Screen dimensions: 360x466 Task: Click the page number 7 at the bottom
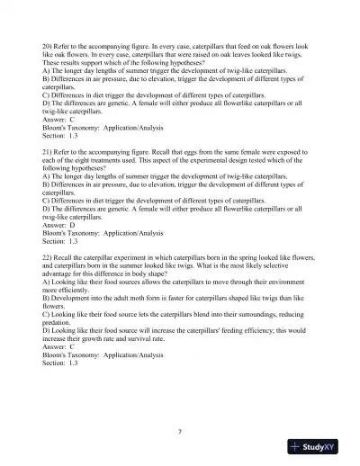(x=180, y=431)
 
